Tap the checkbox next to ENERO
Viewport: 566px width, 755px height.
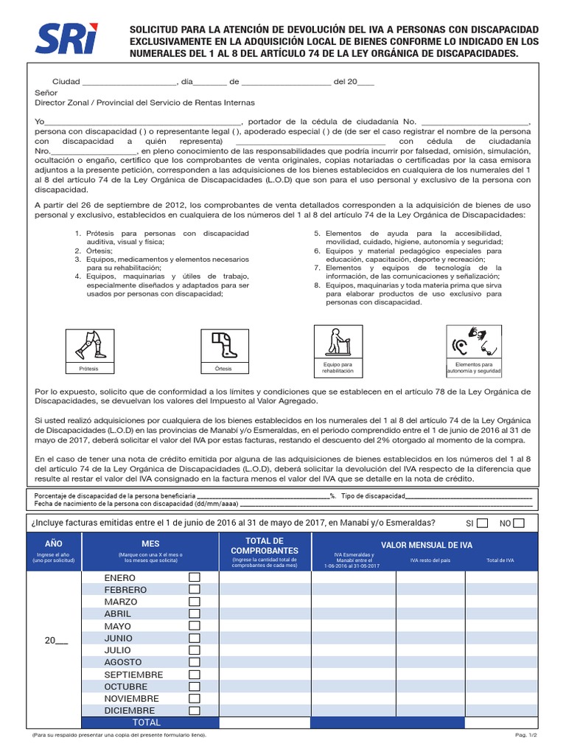(x=195, y=577)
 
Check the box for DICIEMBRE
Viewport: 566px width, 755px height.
(x=195, y=711)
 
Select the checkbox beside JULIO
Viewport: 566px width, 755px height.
(x=195, y=650)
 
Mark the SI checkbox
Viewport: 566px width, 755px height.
(x=482, y=523)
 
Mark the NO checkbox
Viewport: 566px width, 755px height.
(x=519, y=523)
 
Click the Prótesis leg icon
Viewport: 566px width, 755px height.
(x=88, y=345)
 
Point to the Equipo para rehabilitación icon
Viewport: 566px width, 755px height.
(x=338, y=342)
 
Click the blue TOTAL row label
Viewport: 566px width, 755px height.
(x=145, y=723)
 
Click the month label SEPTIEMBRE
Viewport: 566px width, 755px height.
(x=133, y=675)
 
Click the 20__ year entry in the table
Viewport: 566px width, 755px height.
(x=55, y=641)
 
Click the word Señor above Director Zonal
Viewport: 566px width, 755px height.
(x=46, y=93)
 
